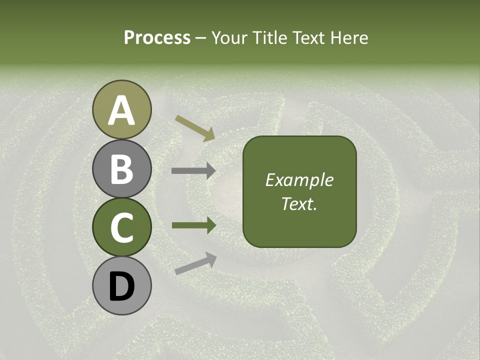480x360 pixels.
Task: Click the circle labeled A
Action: click(x=121, y=109)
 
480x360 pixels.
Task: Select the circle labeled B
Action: click(x=121, y=168)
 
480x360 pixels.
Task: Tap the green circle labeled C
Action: click(x=121, y=227)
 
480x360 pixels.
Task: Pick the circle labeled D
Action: click(x=121, y=286)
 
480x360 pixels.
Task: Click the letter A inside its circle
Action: click(x=122, y=111)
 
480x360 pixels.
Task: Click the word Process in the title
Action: click(x=157, y=37)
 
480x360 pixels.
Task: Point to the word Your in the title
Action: click(x=229, y=37)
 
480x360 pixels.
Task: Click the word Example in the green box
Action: click(x=299, y=180)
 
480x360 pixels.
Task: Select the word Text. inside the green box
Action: click(x=299, y=204)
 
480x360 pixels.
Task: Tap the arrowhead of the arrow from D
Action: click(x=211, y=257)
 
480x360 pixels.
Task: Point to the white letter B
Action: click(x=122, y=169)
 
